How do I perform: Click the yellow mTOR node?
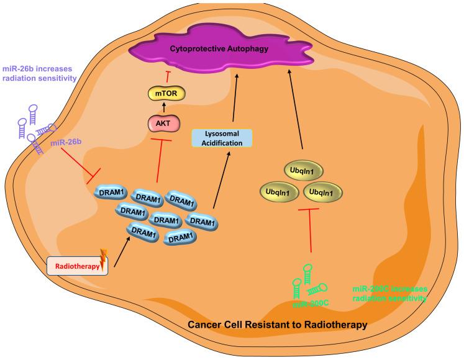click(158, 94)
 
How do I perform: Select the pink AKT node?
click(158, 124)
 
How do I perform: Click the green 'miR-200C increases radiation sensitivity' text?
click(389, 295)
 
